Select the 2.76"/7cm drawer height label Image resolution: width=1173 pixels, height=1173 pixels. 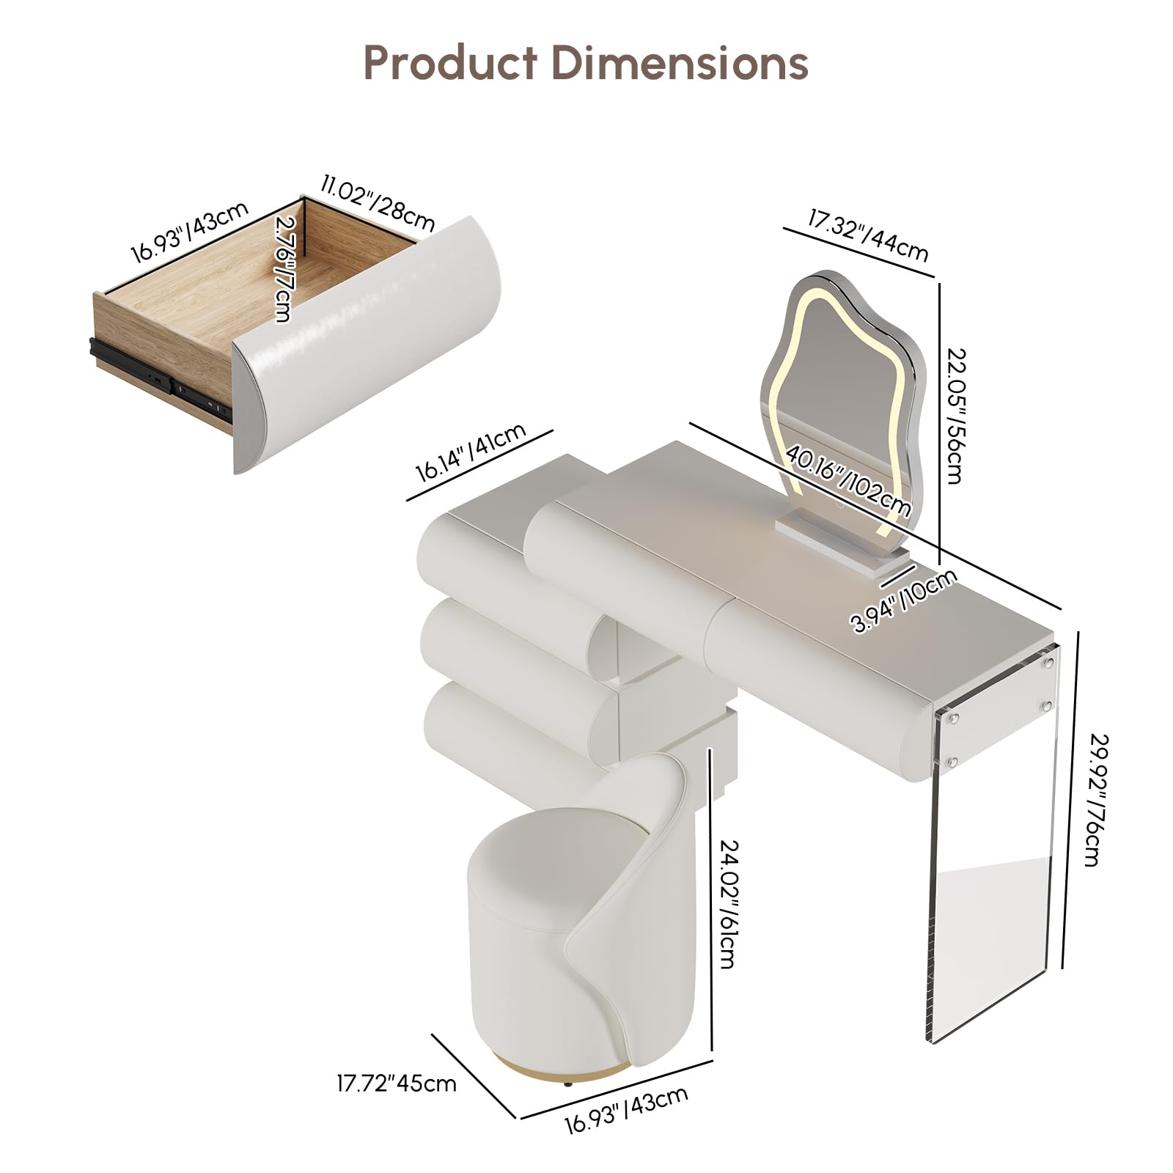click(x=284, y=268)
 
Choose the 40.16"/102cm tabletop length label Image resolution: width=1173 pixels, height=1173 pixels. click(x=849, y=480)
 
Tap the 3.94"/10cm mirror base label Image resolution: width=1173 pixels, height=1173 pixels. click(x=905, y=600)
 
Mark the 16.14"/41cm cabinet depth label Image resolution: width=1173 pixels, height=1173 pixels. click(x=471, y=452)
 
